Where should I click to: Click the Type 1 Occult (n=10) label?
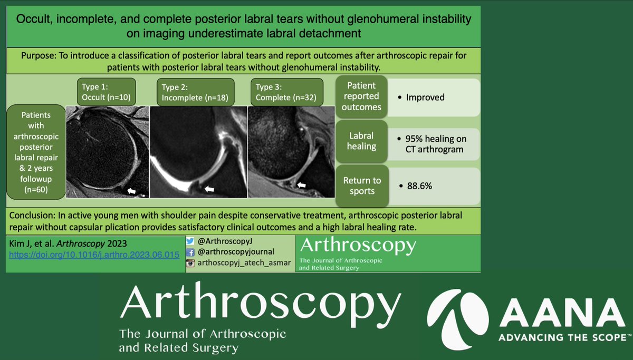tap(105, 92)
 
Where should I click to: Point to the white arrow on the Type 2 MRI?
tap(209, 188)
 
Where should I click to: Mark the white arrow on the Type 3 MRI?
tap(302, 185)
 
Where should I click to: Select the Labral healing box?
tap(361, 140)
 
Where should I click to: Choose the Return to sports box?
tap(362, 186)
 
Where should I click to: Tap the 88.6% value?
tap(420, 186)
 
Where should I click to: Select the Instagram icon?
tap(191, 262)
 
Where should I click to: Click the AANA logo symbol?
tap(456, 317)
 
